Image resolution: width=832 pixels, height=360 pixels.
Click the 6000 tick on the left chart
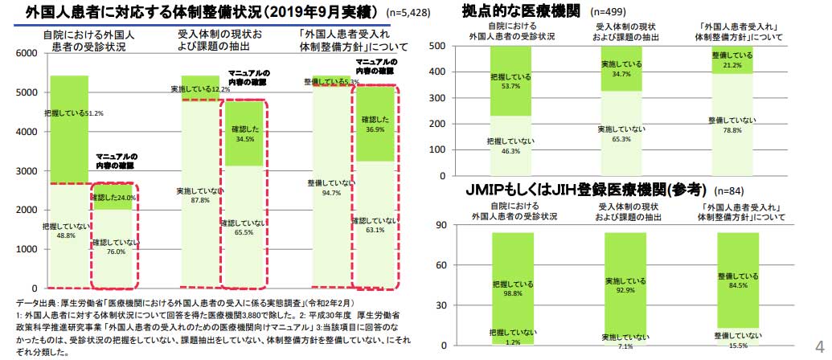[x=27, y=53]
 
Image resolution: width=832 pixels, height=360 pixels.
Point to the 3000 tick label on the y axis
[x=27, y=171]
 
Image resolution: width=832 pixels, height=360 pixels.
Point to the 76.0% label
[x=115, y=252]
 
